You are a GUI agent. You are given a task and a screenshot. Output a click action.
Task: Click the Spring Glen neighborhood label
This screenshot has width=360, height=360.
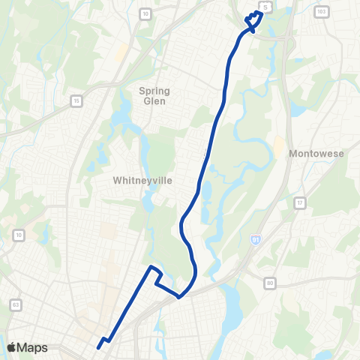(154, 96)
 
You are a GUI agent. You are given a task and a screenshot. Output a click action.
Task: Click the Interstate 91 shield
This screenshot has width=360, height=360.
(256, 238)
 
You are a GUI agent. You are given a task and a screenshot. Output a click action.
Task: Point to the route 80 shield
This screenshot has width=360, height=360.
(269, 283)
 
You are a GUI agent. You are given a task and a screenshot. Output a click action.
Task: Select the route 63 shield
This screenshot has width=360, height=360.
(16, 304)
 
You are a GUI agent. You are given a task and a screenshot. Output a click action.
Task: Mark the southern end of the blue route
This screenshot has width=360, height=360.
(98, 346)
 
